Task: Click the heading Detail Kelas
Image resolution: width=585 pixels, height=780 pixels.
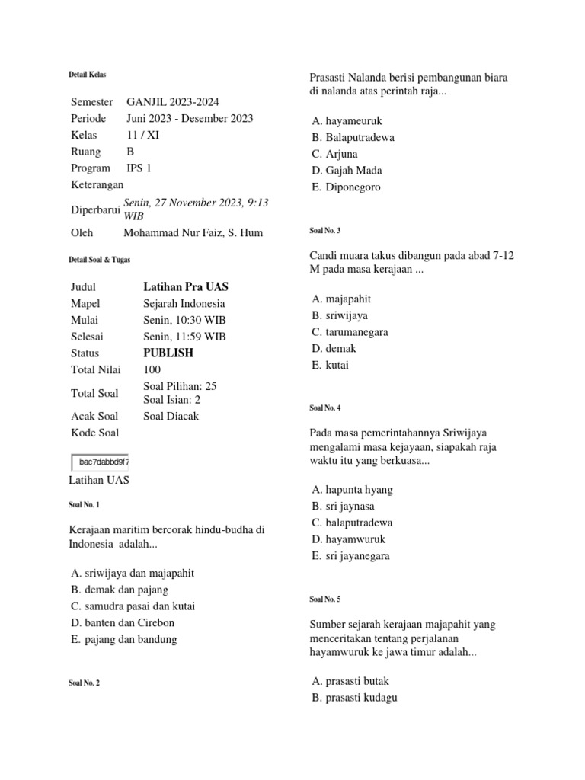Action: (88, 75)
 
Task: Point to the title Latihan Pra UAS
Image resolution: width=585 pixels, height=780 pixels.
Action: (186, 287)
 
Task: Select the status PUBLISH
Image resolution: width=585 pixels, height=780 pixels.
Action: (168, 353)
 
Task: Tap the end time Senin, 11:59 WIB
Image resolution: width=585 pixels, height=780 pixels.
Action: (184, 337)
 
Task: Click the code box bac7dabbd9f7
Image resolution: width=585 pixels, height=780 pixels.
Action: (100, 462)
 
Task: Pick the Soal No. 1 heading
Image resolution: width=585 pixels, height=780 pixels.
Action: (84, 505)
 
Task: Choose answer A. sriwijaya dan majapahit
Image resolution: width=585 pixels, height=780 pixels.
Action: (137, 573)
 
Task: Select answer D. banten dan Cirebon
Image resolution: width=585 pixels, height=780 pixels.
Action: (122, 622)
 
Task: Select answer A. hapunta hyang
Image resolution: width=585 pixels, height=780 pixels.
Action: (352, 490)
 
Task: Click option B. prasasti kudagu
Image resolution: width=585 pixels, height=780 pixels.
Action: (354, 698)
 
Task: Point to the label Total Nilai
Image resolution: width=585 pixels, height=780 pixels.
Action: (96, 370)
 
